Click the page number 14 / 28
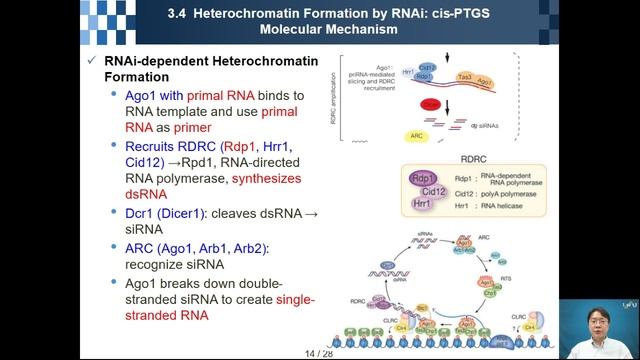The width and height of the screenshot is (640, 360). coord(319,353)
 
